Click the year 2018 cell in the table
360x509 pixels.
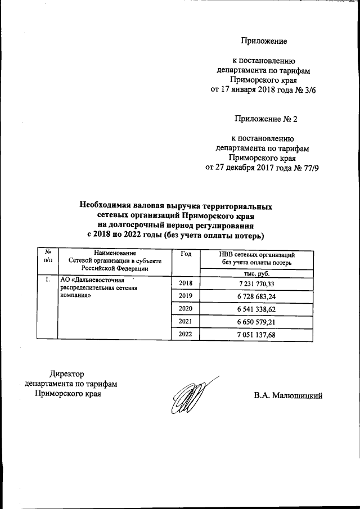coord(185,283)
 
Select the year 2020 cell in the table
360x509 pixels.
coord(185,309)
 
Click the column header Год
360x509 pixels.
coord(186,254)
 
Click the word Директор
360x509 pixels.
coord(66,374)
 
